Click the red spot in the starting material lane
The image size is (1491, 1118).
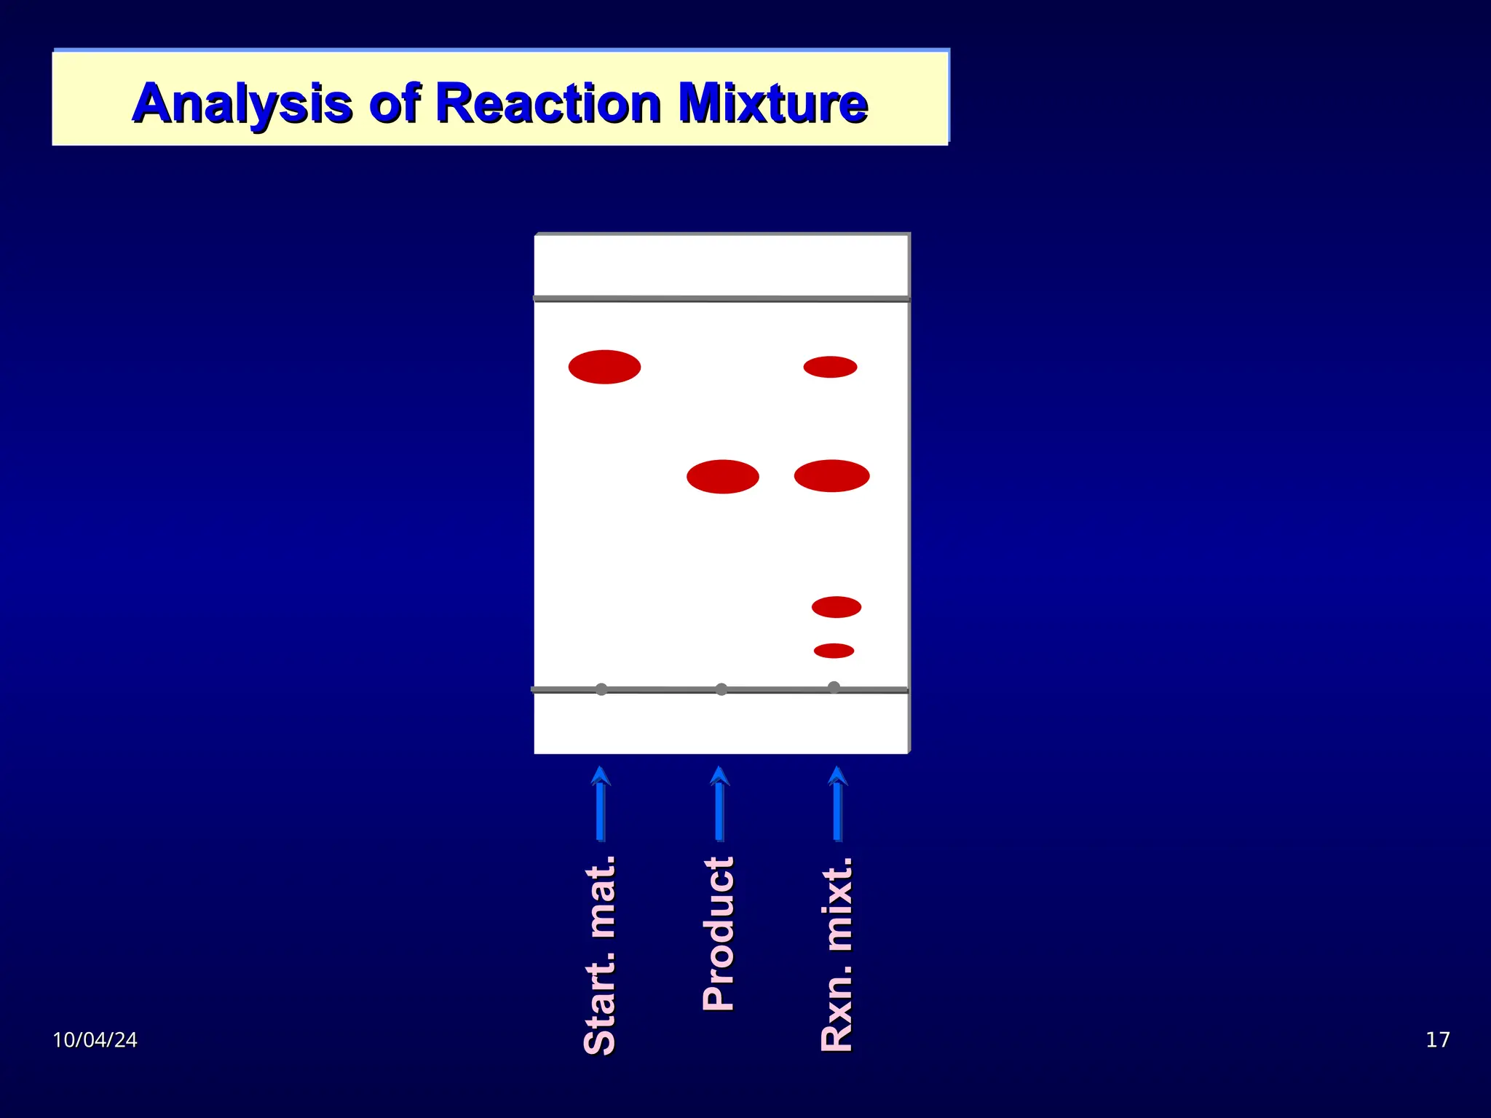click(x=604, y=367)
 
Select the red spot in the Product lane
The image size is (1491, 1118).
click(x=722, y=477)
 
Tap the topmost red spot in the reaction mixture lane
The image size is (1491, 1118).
click(x=830, y=367)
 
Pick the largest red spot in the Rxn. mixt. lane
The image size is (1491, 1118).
click(x=831, y=476)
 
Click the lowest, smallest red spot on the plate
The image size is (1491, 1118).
click(x=834, y=651)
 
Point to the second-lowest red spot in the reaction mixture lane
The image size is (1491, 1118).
click(x=836, y=607)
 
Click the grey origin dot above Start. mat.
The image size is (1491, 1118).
click(x=601, y=689)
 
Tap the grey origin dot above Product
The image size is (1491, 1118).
click(x=721, y=689)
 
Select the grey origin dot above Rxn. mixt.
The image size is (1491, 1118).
click(x=834, y=687)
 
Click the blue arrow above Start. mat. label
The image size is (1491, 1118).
click(x=601, y=804)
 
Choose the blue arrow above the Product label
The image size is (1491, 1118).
click(x=719, y=804)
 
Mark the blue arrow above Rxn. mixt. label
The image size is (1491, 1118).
click(x=837, y=804)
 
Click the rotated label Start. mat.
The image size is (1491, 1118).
click(x=601, y=955)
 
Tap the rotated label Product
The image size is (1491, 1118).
click(x=719, y=934)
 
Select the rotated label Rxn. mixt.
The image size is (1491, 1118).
click(x=837, y=954)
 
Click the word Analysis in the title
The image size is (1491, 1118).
click(x=242, y=103)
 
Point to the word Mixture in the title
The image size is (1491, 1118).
click(x=772, y=103)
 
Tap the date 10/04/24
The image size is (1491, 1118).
click(x=95, y=1039)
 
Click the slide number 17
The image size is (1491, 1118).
click(x=1437, y=1039)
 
